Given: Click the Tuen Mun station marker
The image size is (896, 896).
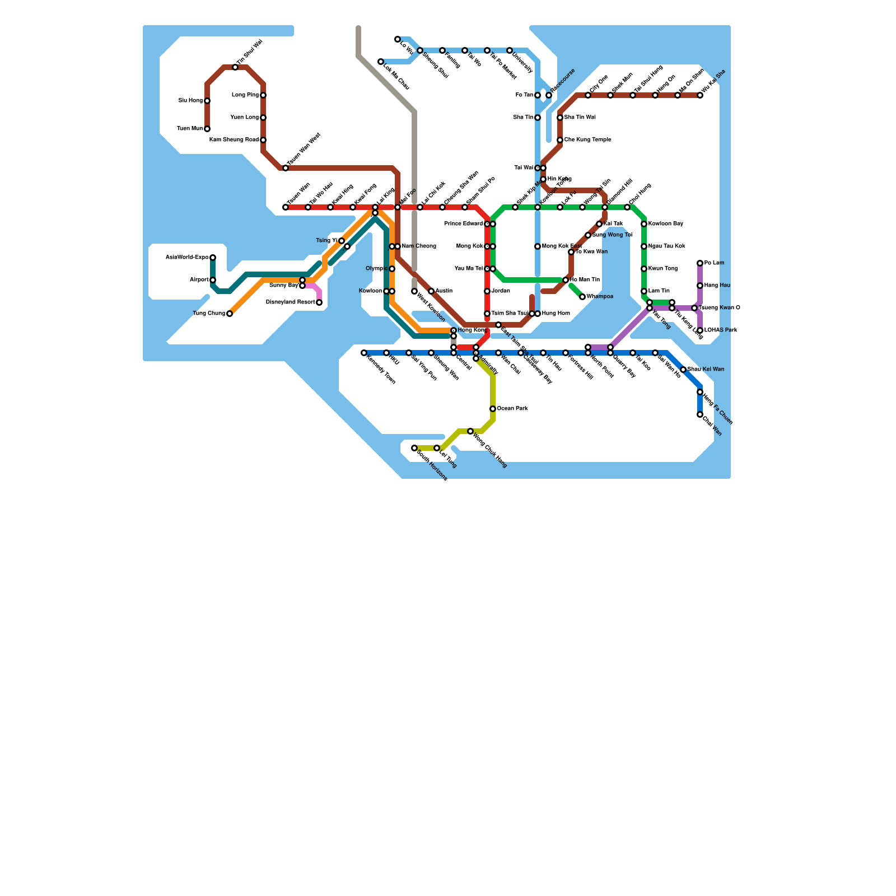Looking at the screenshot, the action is [207, 129].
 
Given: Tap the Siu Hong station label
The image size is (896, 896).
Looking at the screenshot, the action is [190, 101].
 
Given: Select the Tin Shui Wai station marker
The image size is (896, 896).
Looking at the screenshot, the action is [235, 67].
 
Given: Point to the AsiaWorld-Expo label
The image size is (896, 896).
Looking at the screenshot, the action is [187, 258].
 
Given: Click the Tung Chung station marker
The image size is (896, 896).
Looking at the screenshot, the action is [230, 314].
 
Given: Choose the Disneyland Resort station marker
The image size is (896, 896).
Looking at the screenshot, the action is [319, 302].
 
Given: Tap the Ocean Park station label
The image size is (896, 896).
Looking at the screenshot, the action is [512, 409].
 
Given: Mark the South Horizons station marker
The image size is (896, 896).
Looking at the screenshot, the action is [414, 448].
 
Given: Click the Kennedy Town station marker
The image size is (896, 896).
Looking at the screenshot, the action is [364, 353].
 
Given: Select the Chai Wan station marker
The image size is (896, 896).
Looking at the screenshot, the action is [700, 414].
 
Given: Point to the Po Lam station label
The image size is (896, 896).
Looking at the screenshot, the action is [714, 263].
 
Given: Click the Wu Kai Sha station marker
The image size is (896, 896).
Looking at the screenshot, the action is [700, 95].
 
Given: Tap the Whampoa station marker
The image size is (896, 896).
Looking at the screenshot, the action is [582, 297].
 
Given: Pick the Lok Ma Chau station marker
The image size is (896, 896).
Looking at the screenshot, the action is [381, 62].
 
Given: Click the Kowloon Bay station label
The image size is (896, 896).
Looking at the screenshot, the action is [666, 224].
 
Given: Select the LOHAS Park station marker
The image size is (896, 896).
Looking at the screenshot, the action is [700, 330].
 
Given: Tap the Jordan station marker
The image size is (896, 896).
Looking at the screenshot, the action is [487, 291].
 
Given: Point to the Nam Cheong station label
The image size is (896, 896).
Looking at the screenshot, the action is [419, 246].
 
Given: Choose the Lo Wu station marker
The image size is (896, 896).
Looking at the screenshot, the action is [398, 39].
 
